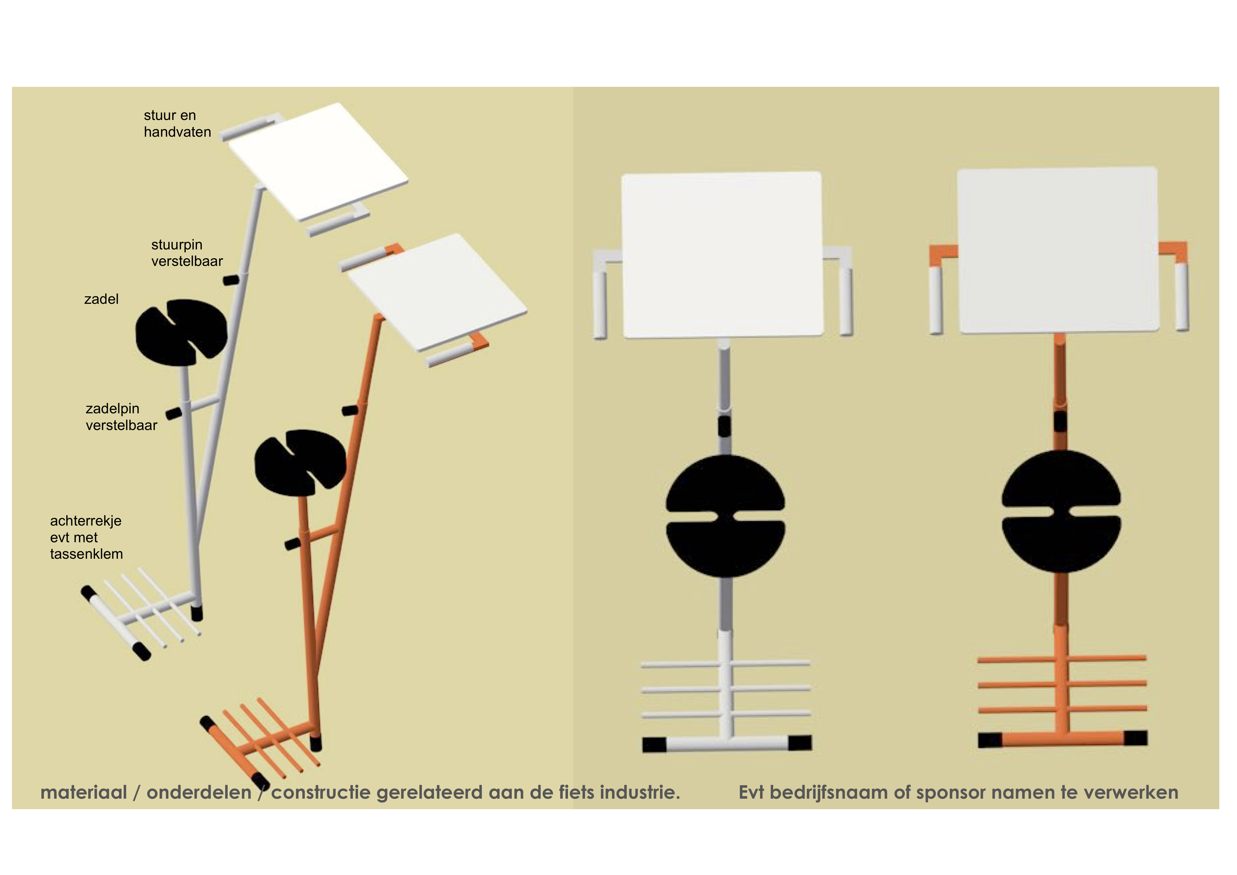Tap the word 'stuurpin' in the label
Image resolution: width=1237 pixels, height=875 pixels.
click(x=177, y=245)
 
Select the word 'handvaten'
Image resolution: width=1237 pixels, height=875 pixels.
click(x=177, y=132)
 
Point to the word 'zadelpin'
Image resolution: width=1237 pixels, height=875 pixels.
click(x=113, y=409)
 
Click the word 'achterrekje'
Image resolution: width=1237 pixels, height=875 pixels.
click(x=86, y=521)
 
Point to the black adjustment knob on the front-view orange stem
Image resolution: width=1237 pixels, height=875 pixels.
click(x=1060, y=421)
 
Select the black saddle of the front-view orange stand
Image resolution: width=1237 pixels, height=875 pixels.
click(x=1061, y=511)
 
